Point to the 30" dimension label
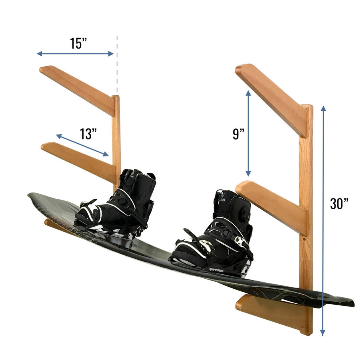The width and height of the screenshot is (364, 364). pos(339,203)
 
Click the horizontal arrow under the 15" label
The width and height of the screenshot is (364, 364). pos(75,54)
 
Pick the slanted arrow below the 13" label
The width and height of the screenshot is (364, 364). pos(82,145)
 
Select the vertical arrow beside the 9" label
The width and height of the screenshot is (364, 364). pos(248,134)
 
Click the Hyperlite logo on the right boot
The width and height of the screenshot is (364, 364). pos(216,270)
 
